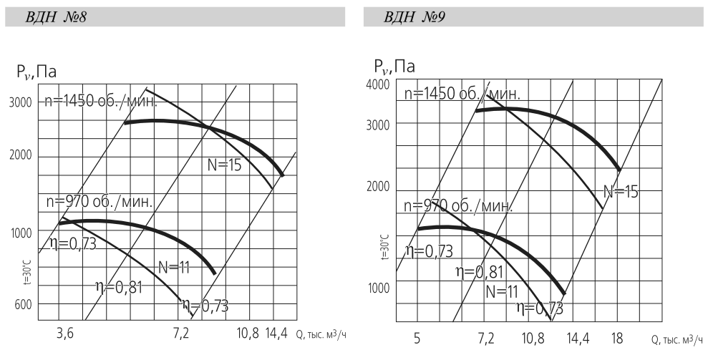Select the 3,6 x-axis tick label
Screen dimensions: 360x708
click(x=65, y=333)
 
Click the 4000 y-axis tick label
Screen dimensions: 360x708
click(x=377, y=84)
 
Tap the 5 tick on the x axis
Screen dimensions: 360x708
click(x=417, y=336)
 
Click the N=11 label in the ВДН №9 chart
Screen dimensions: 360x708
click(x=501, y=292)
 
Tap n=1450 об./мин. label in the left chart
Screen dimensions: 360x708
click(x=100, y=101)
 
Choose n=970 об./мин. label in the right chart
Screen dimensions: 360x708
click(x=458, y=206)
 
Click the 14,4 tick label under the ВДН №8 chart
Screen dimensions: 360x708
click(x=276, y=333)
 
